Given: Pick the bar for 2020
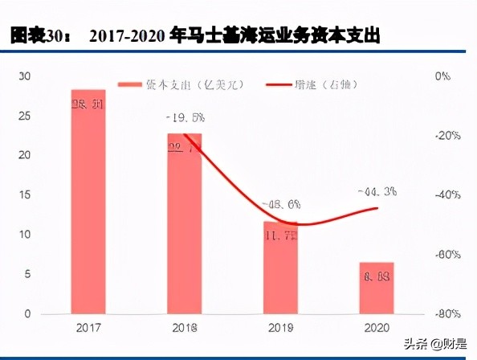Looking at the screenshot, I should pyautogui.click(x=377, y=288).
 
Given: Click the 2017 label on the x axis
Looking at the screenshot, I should pyautogui.click(x=88, y=329).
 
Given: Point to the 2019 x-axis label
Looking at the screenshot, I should pyautogui.click(x=281, y=329).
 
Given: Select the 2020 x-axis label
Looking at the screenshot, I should pyautogui.click(x=377, y=329).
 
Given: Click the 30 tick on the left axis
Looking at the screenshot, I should pyautogui.click(x=25, y=76).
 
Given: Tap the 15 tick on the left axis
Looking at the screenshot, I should pyautogui.click(x=25, y=195).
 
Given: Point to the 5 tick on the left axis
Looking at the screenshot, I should pyautogui.click(x=27, y=274).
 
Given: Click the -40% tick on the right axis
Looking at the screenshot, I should pyautogui.click(x=446, y=195).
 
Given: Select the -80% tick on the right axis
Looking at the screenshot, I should pyautogui.click(x=446, y=313).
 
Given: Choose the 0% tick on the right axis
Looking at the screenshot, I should pyautogui.click(x=443, y=76).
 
